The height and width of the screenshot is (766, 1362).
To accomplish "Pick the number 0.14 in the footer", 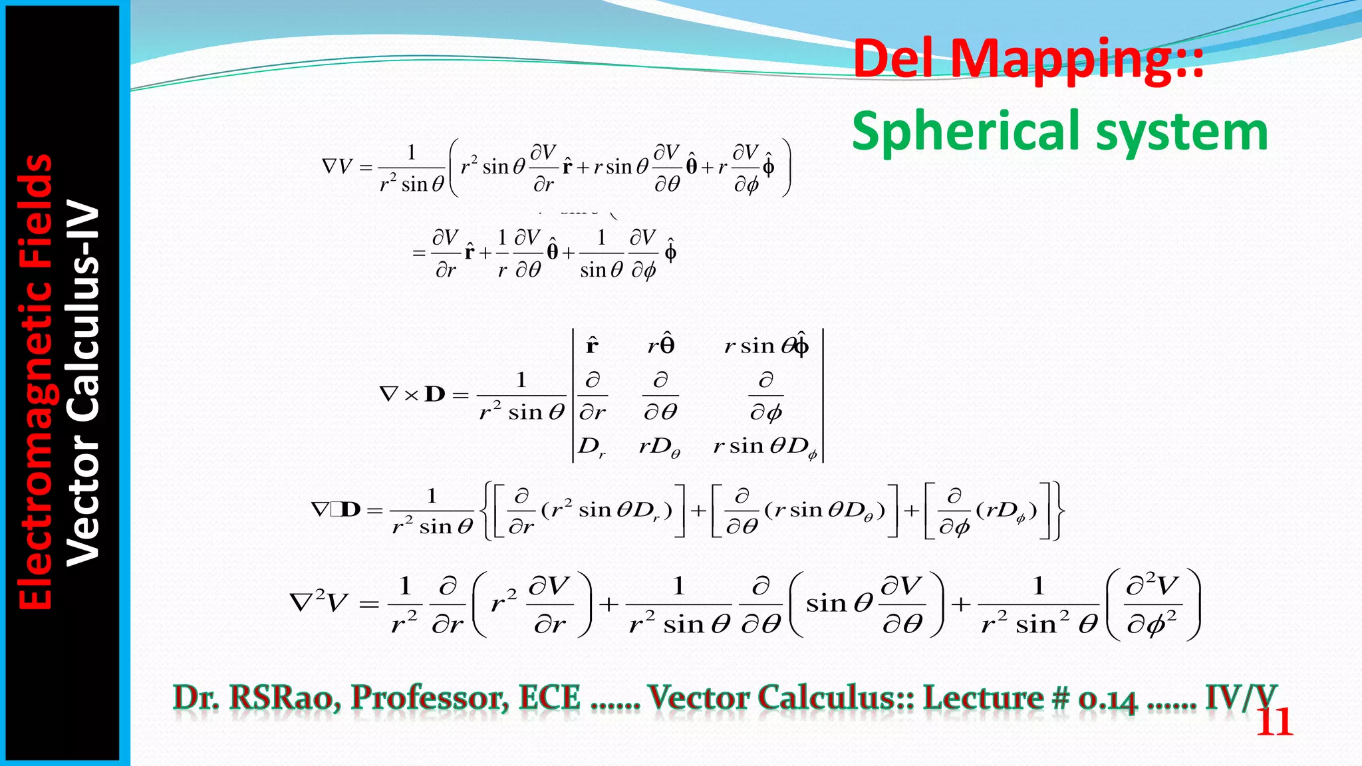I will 1107,699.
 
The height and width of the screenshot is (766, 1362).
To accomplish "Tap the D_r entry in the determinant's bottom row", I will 591,446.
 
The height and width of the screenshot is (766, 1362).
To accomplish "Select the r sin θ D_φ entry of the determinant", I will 765,446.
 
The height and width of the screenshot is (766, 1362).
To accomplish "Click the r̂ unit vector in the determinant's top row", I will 592,345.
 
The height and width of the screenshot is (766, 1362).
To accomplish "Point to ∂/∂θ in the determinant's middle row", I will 660,396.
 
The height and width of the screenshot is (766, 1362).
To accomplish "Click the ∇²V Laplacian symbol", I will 319,602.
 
